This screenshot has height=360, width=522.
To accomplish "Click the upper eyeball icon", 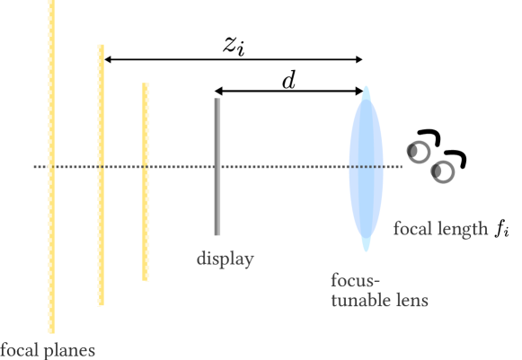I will [x=420, y=152].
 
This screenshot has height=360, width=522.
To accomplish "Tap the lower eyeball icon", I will [x=443, y=171].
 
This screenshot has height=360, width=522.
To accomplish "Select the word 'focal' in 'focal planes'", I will [x=18, y=349].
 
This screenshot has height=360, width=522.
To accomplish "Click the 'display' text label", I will [x=226, y=259].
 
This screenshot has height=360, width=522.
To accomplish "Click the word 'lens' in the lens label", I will [x=411, y=300].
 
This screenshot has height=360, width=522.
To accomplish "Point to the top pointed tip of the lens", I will [x=366, y=89].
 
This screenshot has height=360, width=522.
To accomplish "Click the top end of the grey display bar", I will [x=217, y=101].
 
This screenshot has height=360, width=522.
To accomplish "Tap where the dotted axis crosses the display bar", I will [x=217, y=167].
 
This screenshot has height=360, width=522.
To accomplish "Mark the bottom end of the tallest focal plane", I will [x=52, y=330].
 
